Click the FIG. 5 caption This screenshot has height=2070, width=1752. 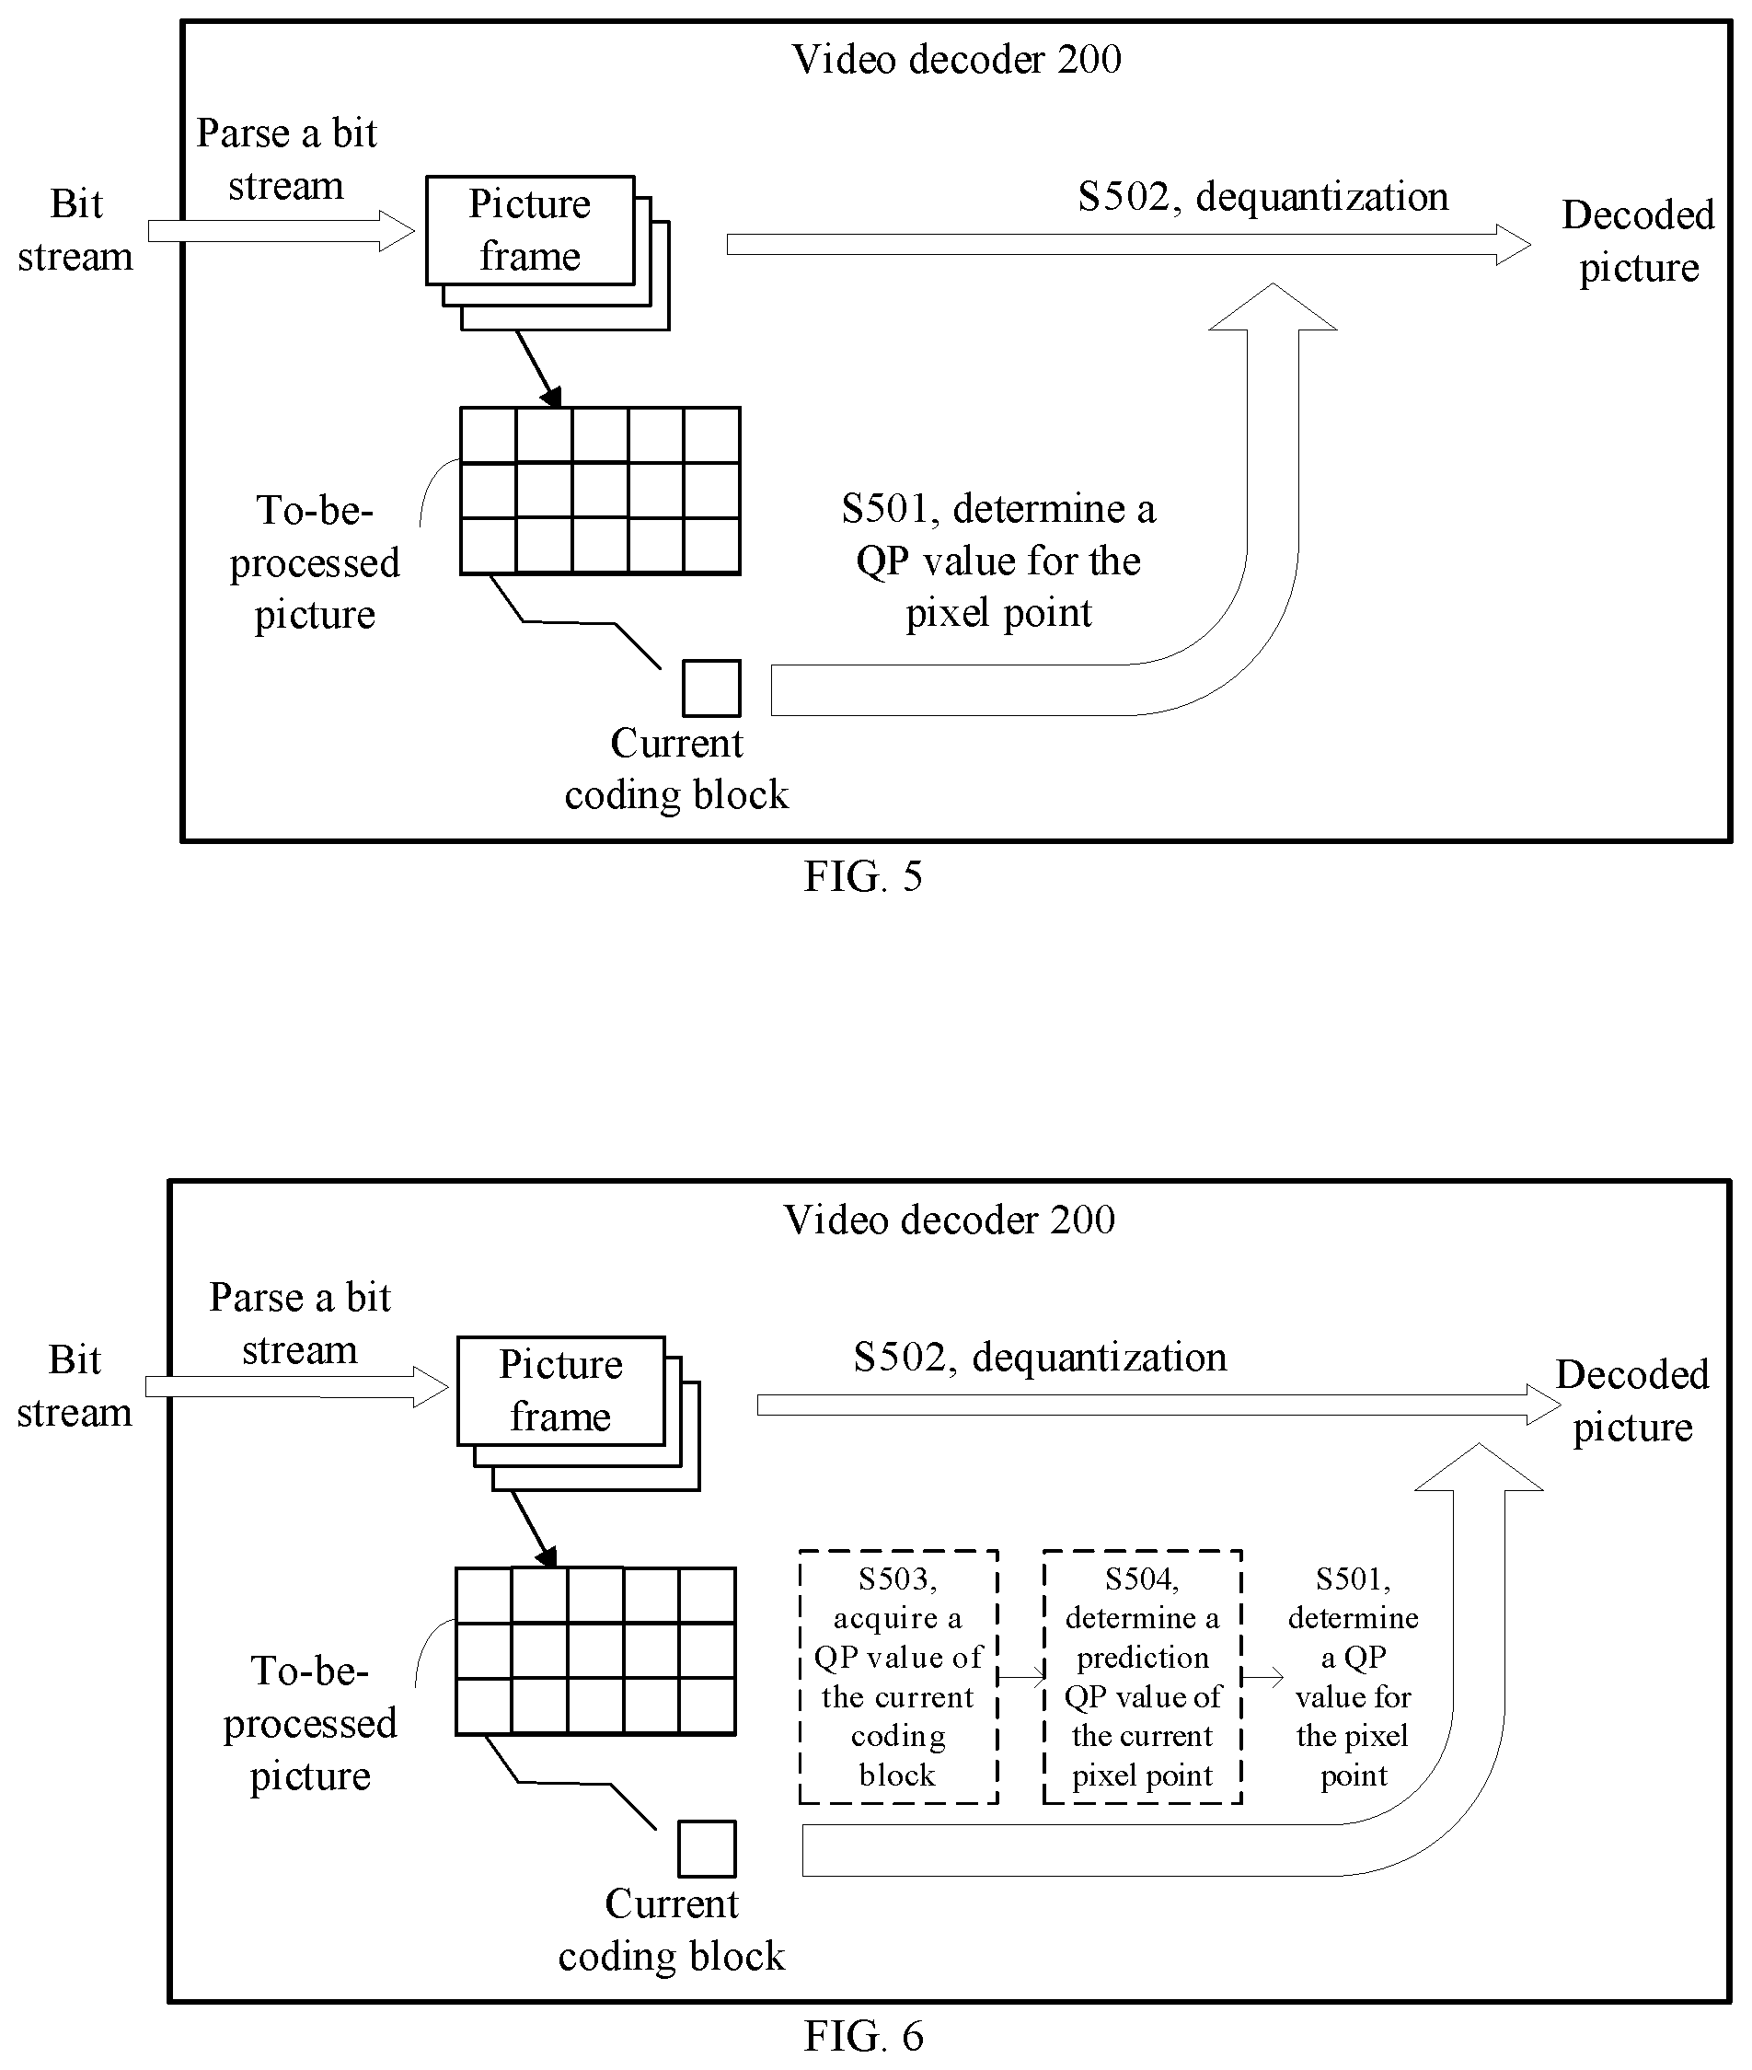863,876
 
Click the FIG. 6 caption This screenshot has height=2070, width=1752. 863,2036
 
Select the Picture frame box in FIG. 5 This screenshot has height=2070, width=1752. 530,230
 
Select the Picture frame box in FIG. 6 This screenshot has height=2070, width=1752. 561,1391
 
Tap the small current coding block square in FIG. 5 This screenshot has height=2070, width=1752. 711,688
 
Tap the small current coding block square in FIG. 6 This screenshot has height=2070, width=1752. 708,1848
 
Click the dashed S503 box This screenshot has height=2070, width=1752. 898,1677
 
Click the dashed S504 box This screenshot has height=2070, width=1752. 1142,1677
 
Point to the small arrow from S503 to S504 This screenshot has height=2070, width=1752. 1021,1677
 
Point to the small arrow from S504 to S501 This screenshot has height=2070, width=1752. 1263,1677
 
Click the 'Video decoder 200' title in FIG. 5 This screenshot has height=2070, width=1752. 956,60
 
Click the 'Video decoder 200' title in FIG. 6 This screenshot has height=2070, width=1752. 950,1220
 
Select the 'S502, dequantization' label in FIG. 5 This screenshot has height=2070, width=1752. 1263,197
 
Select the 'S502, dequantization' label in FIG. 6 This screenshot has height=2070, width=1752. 1040,1357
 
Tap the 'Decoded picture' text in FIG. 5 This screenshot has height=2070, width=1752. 1638,241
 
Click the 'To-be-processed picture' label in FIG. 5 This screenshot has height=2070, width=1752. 315,562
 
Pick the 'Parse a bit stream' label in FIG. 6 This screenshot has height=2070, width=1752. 300,1323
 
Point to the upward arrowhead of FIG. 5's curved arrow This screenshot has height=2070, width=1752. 1273,306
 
